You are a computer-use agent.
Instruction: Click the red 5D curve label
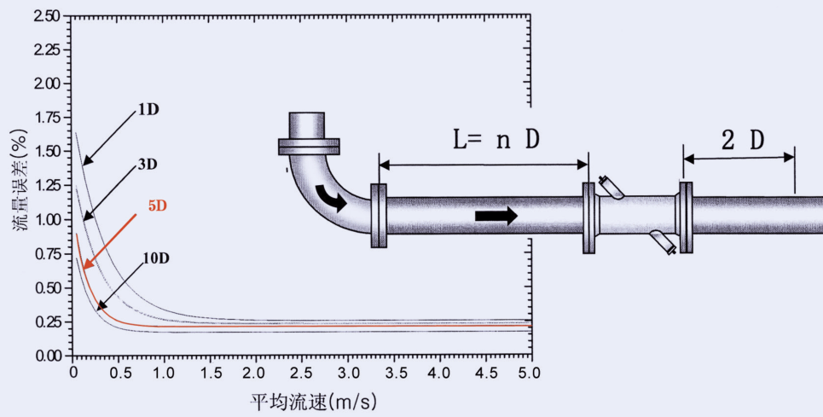158,206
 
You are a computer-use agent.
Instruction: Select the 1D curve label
149,110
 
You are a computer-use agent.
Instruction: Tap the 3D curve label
148,165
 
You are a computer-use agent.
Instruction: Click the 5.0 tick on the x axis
530,373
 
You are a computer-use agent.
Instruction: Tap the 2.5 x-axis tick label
302,373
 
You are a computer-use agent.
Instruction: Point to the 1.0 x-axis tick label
165,373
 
